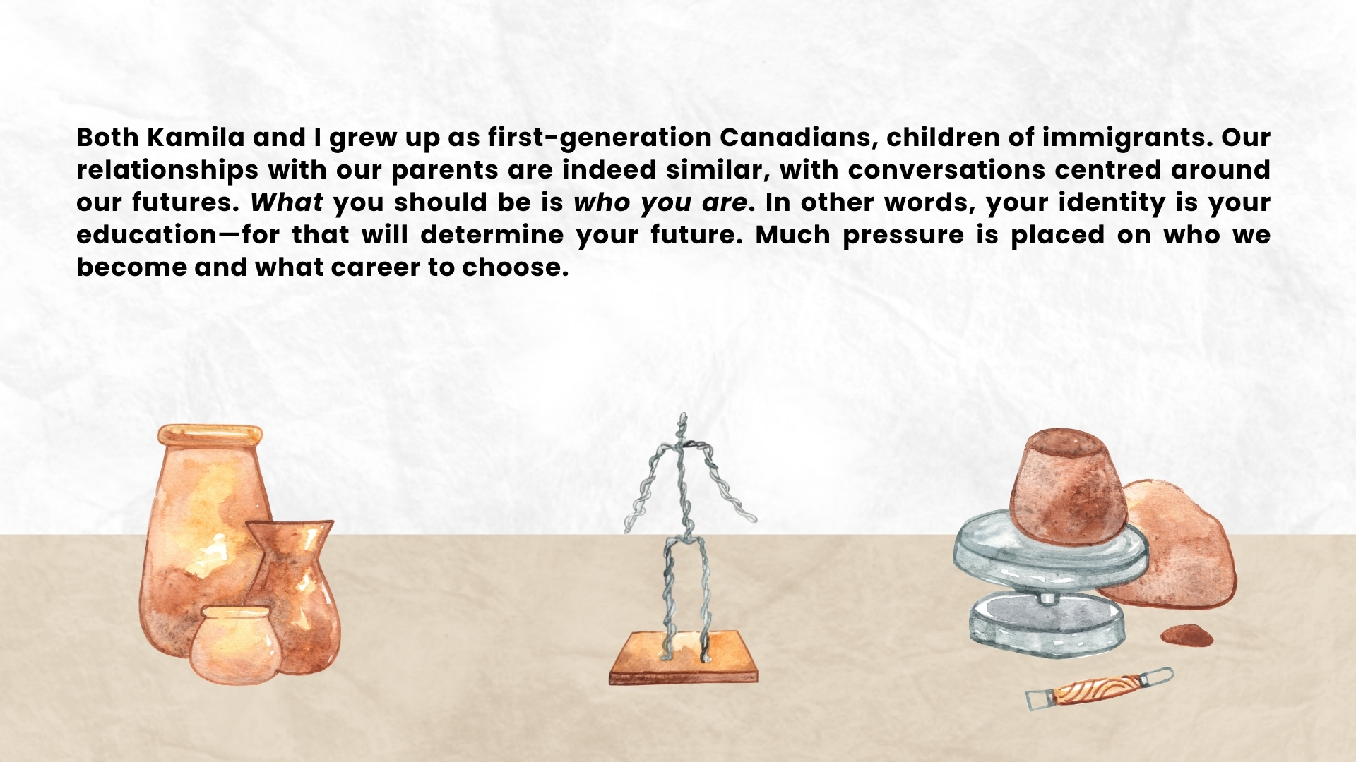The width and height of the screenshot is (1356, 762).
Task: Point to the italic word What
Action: tap(287, 202)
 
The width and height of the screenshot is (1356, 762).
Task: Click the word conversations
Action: tap(946, 170)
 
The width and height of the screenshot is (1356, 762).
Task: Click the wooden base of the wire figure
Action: tap(684, 659)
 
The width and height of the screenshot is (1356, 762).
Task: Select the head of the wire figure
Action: tap(682, 422)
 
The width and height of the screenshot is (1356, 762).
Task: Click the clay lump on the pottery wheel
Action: tap(1067, 486)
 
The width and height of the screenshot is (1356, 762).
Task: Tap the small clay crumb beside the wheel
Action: tap(1187, 635)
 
